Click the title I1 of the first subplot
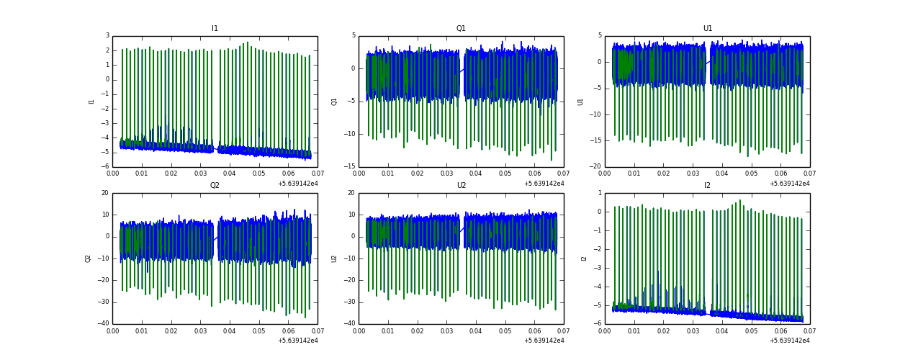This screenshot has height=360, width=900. [x=215, y=29]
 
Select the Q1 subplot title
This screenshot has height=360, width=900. [x=461, y=29]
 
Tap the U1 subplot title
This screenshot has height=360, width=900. [x=707, y=29]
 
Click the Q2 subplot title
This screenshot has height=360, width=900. [x=215, y=186]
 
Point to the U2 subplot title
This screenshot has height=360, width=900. [x=461, y=186]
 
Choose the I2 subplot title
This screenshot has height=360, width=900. [x=707, y=186]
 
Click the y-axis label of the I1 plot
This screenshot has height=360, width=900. [x=91, y=102]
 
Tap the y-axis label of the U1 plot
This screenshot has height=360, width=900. [x=580, y=102]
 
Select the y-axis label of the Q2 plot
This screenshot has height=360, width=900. [x=88, y=258]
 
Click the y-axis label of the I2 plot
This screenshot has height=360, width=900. [x=584, y=258]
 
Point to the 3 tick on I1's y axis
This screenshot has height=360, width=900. [x=107, y=36]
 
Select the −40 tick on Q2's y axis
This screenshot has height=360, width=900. [x=104, y=324]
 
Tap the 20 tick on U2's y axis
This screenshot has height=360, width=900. [x=351, y=193]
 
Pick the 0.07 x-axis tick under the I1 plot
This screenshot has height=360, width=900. [x=317, y=174]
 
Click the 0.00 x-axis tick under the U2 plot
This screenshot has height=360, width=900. [x=359, y=330]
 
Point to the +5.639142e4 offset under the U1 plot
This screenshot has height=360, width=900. [x=790, y=184]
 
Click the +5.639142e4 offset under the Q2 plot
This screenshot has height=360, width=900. [x=297, y=341]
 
